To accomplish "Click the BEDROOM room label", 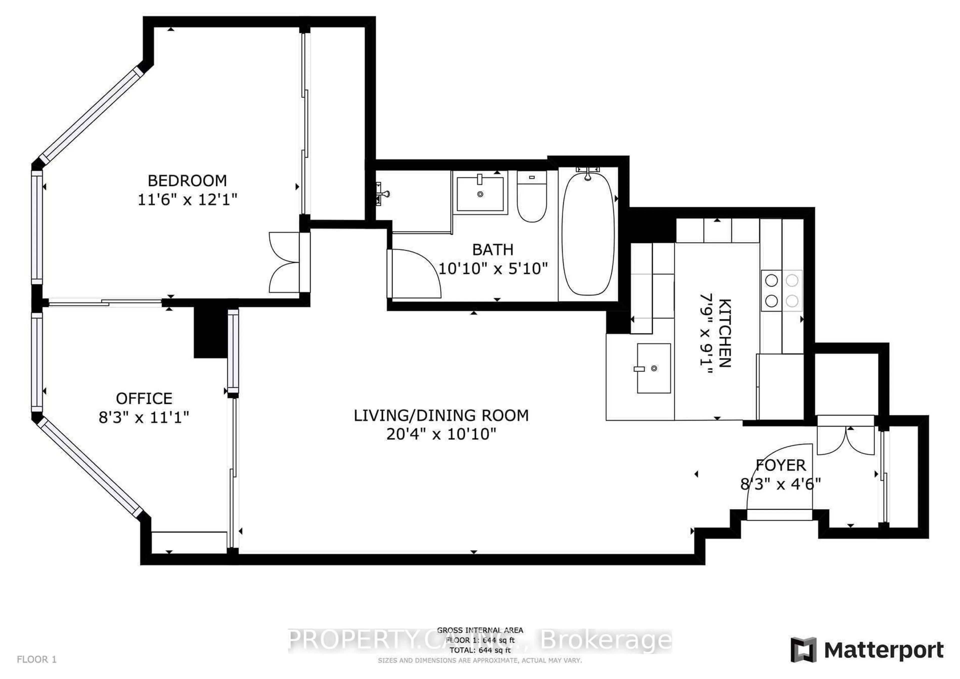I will click(x=187, y=181).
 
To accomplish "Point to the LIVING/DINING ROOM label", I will click(x=441, y=416).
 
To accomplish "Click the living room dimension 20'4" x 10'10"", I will click(x=441, y=434).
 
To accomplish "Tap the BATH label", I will click(x=492, y=250).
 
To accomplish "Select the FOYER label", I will click(x=781, y=465).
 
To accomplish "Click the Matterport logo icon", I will click(x=803, y=650).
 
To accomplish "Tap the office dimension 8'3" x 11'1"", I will click(x=144, y=418).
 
